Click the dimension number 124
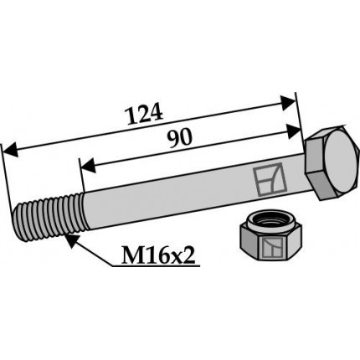tap(145, 114)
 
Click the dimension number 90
tap(180, 138)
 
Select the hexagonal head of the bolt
tap(331, 163)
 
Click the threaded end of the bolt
tap(49, 218)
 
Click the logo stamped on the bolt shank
tap(270, 179)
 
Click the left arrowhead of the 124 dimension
tap(10, 150)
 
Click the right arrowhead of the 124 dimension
tap(287, 103)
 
